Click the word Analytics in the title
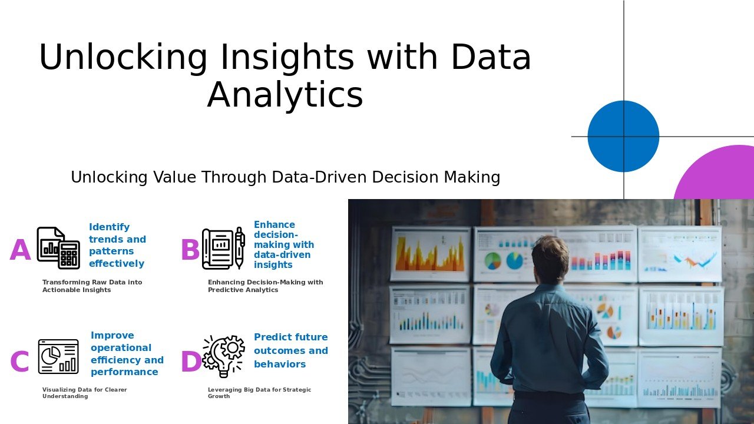(x=285, y=95)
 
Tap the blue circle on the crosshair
(x=623, y=136)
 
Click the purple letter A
(x=20, y=250)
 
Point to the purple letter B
(x=190, y=250)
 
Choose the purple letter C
(x=19, y=362)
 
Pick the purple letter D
(x=191, y=362)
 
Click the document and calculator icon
(x=58, y=248)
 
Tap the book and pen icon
(x=223, y=248)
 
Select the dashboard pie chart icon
(x=58, y=357)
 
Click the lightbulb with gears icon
(x=223, y=356)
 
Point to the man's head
(x=551, y=260)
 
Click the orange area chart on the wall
(x=429, y=253)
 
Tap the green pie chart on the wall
(x=493, y=261)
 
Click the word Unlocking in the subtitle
(x=109, y=177)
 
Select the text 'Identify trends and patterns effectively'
(x=117, y=245)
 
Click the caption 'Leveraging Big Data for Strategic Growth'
(x=259, y=393)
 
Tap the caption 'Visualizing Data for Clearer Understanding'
(x=84, y=393)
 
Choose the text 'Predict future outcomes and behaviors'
(x=291, y=350)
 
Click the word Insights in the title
(x=287, y=57)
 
